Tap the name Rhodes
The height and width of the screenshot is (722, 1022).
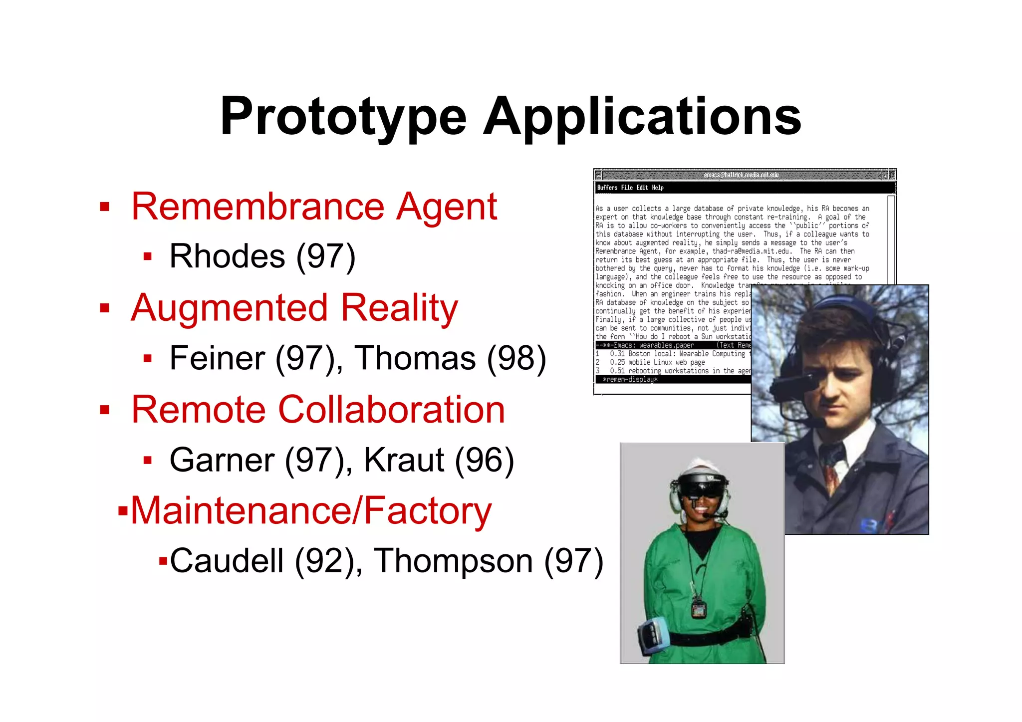point(227,256)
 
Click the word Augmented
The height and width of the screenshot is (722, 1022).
point(230,308)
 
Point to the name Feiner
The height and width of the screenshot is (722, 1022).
point(218,358)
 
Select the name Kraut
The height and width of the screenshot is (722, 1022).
point(404,460)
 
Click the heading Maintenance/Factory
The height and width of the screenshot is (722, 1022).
point(311,511)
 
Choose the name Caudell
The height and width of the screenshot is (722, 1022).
point(227,561)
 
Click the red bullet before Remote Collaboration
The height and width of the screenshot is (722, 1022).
point(104,410)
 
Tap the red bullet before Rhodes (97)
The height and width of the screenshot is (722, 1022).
point(147,257)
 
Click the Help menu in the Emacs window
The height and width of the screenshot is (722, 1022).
point(658,188)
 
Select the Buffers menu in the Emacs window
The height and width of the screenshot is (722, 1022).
point(607,188)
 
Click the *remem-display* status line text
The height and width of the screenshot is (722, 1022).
point(630,380)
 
